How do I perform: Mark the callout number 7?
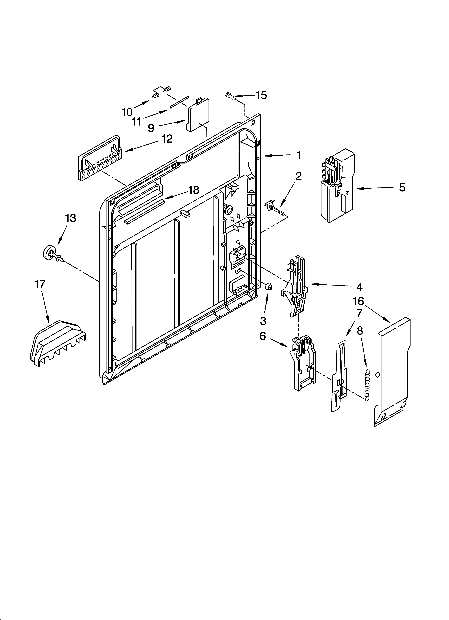(x=359, y=313)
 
